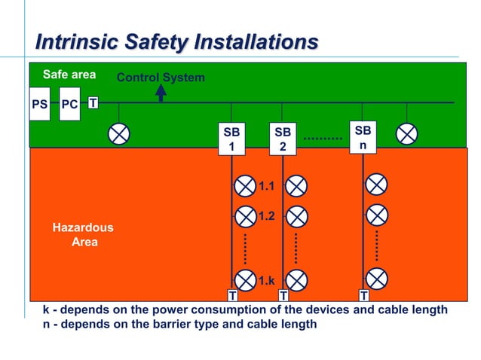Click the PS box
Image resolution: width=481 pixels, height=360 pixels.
coord(40,104)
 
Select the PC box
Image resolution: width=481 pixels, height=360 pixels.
coord(69,104)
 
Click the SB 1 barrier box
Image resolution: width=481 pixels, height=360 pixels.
coord(231,139)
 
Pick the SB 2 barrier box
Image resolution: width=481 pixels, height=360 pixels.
coord(283,139)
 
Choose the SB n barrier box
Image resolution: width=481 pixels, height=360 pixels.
coord(362,136)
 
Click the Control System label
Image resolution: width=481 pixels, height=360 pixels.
coord(161,78)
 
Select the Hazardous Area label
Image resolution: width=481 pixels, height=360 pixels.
coord(83,235)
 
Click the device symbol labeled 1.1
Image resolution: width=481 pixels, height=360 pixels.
coord(246,185)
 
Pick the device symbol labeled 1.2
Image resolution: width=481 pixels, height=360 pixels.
coord(246,217)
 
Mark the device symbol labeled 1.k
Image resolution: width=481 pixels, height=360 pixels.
coord(246,280)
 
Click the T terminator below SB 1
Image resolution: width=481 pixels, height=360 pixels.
coord(232,295)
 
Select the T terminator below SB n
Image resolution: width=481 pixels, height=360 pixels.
coord(363,295)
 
